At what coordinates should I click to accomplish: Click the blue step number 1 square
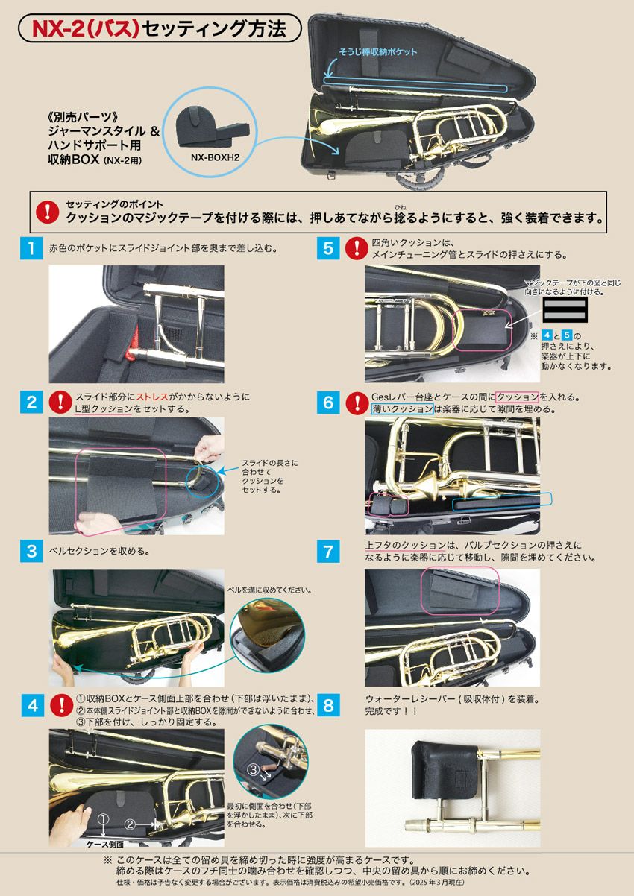coord(31,248)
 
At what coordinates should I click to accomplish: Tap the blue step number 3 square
coord(31,551)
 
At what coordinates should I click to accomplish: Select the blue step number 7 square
coord(328,551)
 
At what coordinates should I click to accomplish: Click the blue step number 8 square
coord(328,705)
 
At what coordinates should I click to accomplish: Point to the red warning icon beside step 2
coord(60,403)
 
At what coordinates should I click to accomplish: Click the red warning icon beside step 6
coord(357,403)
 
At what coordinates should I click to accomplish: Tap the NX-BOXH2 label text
coord(215,157)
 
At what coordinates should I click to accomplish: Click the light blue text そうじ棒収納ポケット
coord(378,52)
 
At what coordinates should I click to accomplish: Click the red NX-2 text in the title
coord(58,29)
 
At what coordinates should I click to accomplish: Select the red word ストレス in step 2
coord(152,397)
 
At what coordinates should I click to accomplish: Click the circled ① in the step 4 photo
coord(103,820)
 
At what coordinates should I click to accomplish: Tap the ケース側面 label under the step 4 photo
coord(105,844)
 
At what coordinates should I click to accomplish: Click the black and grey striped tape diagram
coord(565,309)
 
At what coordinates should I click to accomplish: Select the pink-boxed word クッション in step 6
coord(517,397)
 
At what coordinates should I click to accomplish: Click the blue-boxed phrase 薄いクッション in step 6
coord(402,408)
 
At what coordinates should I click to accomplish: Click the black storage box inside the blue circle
coord(213,128)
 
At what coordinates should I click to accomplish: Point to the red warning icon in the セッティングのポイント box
coord(47,212)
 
